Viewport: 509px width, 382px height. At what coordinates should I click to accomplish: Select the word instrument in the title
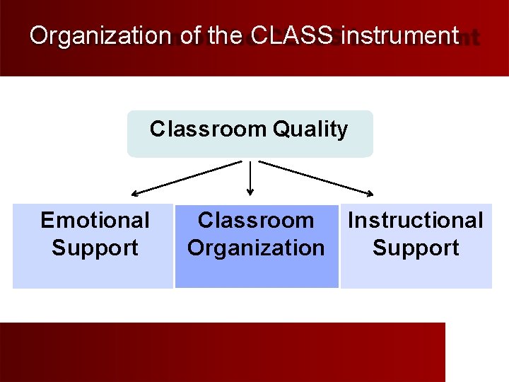click(399, 36)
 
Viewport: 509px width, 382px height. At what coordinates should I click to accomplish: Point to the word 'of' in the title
click(190, 36)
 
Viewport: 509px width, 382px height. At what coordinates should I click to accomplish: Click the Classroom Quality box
click(250, 134)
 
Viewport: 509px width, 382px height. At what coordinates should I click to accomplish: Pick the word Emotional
click(95, 221)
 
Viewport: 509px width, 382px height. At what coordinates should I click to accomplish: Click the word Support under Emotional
click(95, 248)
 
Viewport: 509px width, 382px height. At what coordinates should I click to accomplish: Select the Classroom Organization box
click(256, 245)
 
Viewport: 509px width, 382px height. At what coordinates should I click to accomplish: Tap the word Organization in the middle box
click(256, 248)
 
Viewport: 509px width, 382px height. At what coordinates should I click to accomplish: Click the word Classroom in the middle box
click(256, 221)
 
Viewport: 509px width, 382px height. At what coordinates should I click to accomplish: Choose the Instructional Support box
click(416, 245)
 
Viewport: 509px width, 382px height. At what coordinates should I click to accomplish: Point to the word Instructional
click(416, 221)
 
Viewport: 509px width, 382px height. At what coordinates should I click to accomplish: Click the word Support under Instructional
click(416, 248)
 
